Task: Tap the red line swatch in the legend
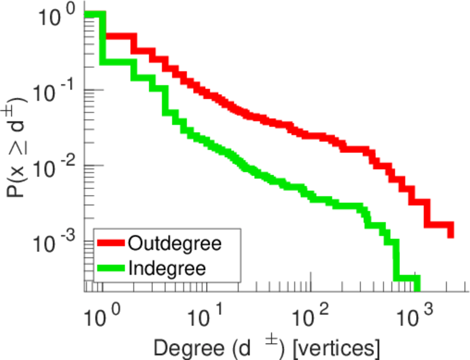point(111,244)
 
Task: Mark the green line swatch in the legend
point(111,268)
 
